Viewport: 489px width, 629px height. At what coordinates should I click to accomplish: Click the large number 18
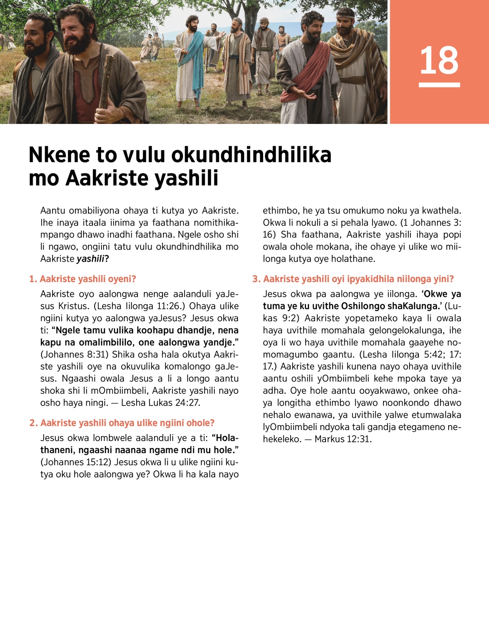point(439,60)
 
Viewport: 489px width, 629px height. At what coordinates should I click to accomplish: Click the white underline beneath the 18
point(439,85)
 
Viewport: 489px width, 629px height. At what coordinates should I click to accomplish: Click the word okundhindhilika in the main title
point(251,155)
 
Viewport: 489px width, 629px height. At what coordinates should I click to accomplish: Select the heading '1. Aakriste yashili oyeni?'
point(82,279)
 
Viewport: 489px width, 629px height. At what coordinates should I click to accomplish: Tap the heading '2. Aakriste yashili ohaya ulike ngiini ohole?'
point(122,423)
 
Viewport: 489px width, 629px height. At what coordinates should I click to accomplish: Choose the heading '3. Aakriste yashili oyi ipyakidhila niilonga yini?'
point(353,279)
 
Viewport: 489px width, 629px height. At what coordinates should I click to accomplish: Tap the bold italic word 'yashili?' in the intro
point(93,259)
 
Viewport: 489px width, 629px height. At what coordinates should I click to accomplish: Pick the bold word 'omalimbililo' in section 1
point(106,342)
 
